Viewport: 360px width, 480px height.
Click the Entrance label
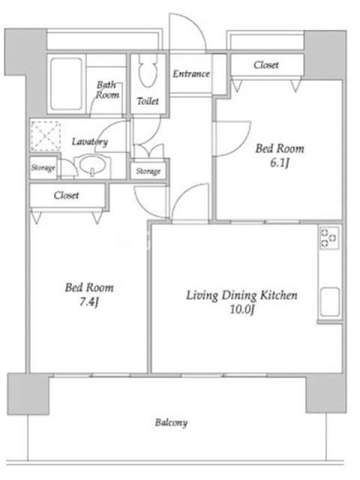[x=191, y=74]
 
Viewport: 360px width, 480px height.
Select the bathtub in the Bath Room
[x=66, y=84]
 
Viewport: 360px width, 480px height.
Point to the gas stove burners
[x=329, y=238]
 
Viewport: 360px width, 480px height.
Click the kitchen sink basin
[x=329, y=302]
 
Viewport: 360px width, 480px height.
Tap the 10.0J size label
[x=242, y=310]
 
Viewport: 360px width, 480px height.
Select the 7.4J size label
[x=89, y=302]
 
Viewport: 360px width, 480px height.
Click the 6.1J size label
[x=279, y=163]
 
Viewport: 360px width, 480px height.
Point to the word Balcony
[x=171, y=423]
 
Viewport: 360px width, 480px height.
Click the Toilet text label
[x=148, y=101]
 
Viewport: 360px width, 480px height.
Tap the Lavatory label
[x=89, y=142]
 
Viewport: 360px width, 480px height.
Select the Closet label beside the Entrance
[x=266, y=65]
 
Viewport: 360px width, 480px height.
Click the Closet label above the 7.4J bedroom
[x=66, y=195]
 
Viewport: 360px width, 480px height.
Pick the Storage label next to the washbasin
[x=43, y=168]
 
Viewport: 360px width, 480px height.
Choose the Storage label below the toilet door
[x=148, y=171]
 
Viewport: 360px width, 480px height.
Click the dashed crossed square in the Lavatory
[x=46, y=136]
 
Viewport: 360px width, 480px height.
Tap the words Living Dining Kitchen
[x=242, y=295]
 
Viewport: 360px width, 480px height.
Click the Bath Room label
[x=107, y=89]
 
